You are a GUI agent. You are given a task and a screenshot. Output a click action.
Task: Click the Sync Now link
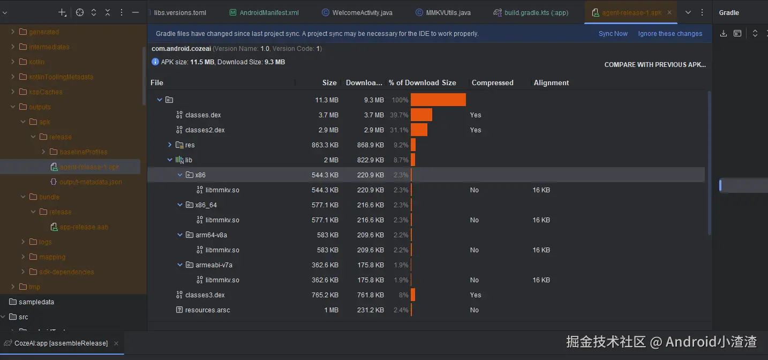613,34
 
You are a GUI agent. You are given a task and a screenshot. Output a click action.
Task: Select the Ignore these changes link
670,34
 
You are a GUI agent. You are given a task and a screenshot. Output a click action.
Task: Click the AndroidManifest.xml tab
269,13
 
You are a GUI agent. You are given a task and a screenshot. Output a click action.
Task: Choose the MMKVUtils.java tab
448,13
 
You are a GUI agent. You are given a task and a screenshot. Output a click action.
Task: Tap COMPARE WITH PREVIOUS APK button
655,65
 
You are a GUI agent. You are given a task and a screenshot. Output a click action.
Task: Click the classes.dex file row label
203,115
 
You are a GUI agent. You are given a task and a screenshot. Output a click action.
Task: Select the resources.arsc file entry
207,310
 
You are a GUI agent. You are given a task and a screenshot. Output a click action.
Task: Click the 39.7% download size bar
421,115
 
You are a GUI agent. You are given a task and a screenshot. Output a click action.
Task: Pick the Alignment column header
551,83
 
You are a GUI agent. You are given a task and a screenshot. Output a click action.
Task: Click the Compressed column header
492,83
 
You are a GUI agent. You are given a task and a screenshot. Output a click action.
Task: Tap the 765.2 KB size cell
325,295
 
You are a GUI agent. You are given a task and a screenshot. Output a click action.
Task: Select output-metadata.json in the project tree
91,182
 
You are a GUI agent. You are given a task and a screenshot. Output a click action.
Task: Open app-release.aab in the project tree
84,227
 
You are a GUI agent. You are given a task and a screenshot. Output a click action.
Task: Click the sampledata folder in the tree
36,302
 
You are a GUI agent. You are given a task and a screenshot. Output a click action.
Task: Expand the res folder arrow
170,145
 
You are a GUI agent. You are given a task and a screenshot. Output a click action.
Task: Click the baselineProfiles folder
83,152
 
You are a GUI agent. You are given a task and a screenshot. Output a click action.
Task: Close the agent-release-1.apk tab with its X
669,13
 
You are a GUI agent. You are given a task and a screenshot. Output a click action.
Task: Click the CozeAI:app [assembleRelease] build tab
61,343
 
